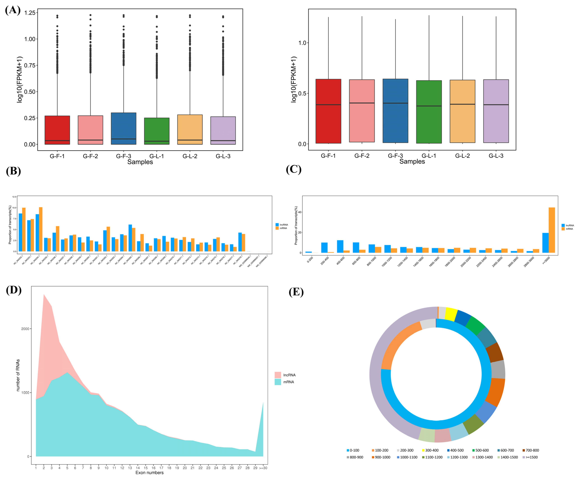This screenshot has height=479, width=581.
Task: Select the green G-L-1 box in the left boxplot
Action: coord(157,131)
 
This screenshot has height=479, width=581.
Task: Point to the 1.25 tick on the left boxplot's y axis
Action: coord(30,13)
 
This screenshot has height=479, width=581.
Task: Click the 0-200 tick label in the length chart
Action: coord(310,259)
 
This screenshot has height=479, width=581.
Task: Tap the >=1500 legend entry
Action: coord(530,457)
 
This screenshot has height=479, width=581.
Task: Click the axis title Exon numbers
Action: coord(149,473)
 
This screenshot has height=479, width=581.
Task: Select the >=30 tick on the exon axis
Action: coord(263,468)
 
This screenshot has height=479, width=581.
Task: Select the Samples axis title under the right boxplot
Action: coord(412,161)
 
